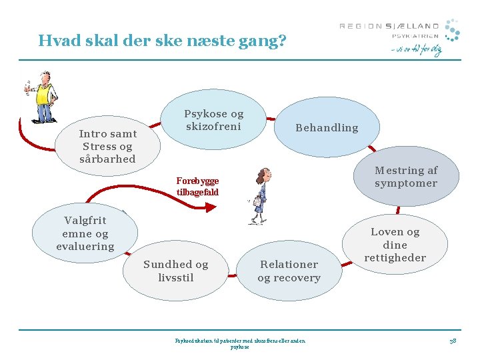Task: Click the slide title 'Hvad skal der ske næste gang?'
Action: coord(162,41)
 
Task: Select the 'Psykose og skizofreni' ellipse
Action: coord(214,120)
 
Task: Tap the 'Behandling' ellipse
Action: coord(327,127)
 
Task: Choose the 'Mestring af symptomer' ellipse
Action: coord(405,177)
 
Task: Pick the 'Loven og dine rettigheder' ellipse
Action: coord(395,245)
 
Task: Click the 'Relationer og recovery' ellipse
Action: coord(289,271)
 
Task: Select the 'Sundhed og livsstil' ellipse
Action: coord(176,271)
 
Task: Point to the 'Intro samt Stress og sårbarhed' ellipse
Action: coord(107,147)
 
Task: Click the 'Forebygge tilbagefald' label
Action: coord(197,186)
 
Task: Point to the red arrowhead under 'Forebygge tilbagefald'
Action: coord(210,208)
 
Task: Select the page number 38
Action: coord(452,341)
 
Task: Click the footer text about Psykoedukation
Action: coord(240,343)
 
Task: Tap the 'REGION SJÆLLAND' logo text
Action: coord(389,26)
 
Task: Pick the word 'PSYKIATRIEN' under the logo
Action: coord(415,36)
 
